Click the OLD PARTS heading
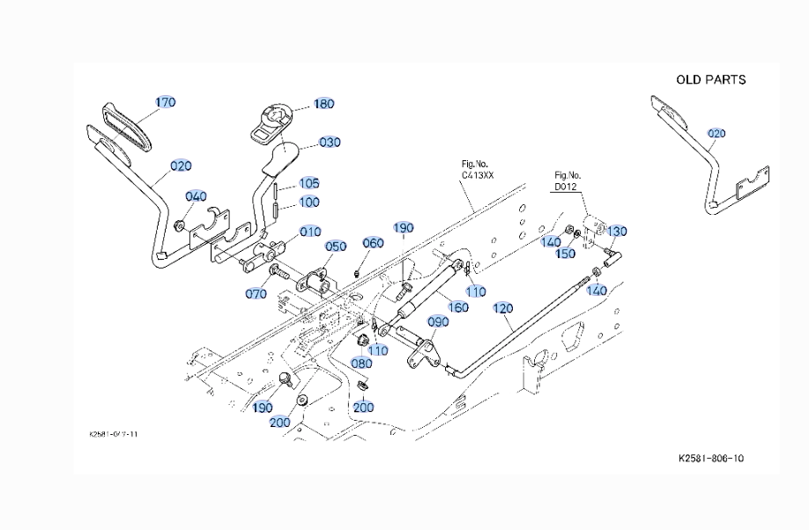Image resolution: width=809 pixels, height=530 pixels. (x=710, y=79)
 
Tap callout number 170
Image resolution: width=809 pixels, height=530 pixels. (x=166, y=102)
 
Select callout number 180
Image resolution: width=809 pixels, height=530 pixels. (x=323, y=103)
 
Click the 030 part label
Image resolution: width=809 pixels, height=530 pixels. (x=330, y=142)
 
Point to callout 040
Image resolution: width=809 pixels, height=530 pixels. (x=197, y=196)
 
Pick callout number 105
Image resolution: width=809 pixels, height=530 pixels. (x=309, y=183)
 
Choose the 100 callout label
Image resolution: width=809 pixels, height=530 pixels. (x=309, y=202)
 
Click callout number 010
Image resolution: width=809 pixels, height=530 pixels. (x=310, y=232)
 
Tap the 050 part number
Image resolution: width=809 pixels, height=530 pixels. (x=336, y=247)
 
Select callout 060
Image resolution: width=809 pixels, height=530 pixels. (x=374, y=243)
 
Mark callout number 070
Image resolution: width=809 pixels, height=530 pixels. (x=256, y=294)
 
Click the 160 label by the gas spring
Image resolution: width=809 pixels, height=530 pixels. (x=458, y=307)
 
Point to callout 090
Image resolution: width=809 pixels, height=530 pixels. (x=438, y=321)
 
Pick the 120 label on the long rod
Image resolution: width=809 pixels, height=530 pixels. (x=502, y=308)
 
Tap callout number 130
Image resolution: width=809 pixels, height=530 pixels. (x=617, y=232)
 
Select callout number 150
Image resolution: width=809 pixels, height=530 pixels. (x=566, y=254)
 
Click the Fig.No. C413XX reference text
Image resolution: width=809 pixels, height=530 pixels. (x=479, y=170)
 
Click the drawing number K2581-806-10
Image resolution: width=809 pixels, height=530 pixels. (x=716, y=458)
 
